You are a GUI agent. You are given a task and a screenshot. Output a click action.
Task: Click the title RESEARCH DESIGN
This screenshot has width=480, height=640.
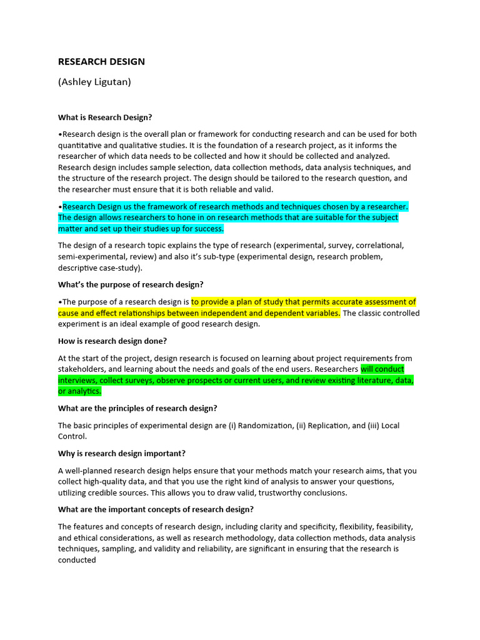coord(101,61)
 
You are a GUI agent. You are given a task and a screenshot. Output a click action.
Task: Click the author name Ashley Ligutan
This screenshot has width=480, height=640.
coord(94,82)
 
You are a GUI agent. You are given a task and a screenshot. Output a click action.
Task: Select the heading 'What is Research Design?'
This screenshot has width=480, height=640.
coord(105,117)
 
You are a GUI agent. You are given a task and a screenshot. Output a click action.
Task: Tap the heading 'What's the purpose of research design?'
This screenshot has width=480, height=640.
coord(131,284)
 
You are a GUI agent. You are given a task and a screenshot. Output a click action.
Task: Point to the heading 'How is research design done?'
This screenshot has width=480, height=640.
coord(112,341)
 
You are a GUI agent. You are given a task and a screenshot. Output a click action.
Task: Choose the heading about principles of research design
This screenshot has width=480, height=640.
coord(137,408)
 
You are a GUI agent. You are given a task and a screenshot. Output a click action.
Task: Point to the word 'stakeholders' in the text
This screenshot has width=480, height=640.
coord(81,369)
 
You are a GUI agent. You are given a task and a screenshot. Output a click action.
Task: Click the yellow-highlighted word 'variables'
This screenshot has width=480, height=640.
coord(319,313)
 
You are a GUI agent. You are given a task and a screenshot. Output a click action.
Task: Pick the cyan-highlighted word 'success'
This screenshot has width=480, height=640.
coord(208,229)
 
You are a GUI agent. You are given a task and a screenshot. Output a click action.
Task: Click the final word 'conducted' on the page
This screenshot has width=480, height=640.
coord(77,561)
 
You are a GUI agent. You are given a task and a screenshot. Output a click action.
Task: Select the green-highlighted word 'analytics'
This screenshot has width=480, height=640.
coord(84,391)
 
